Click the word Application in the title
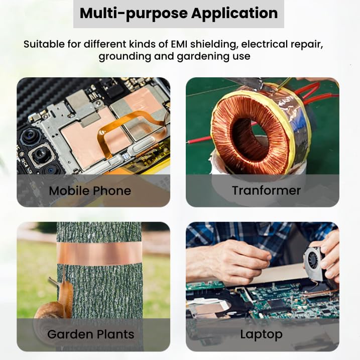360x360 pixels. (x=234, y=14)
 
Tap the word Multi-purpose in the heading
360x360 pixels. (x=134, y=14)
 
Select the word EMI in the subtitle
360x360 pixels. (x=180, y=44)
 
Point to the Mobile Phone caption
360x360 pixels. (x=90, y=191)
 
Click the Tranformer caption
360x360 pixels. (x=266, y=191)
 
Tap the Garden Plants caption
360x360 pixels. (x=91, y=334)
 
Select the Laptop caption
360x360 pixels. (x=261, y=334)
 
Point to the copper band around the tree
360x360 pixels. (x=99, y=253)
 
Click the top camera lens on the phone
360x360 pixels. (x=29, y=137)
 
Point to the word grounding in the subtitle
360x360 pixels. (x=125, y=57)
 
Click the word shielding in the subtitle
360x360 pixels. (x=213, y=45)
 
